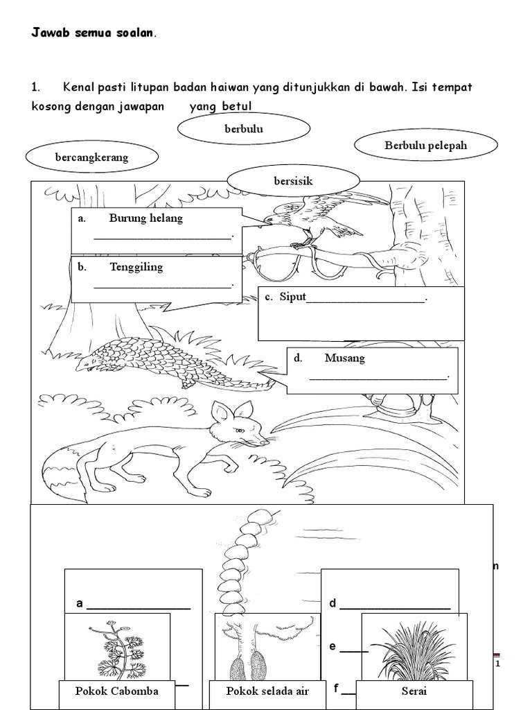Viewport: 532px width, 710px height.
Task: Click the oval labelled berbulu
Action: tap(243, 128)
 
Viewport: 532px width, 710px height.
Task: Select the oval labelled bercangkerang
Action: tap(91, 157)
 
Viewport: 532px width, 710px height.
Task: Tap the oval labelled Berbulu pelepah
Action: tap(425, 146)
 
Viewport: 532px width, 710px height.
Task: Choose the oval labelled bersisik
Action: tap(293, 181)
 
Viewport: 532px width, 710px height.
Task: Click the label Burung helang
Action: tap(145, 218)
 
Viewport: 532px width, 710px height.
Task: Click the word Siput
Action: tap(292, 297)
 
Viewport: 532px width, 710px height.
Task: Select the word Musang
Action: tap(344, 358)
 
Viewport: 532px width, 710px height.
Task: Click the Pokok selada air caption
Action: tap(267, 691)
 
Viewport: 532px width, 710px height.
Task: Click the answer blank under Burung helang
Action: tap(163, 236)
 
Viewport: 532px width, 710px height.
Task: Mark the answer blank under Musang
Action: tap(379, 376)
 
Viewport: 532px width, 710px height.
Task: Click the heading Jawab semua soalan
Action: tap(94, 33)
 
